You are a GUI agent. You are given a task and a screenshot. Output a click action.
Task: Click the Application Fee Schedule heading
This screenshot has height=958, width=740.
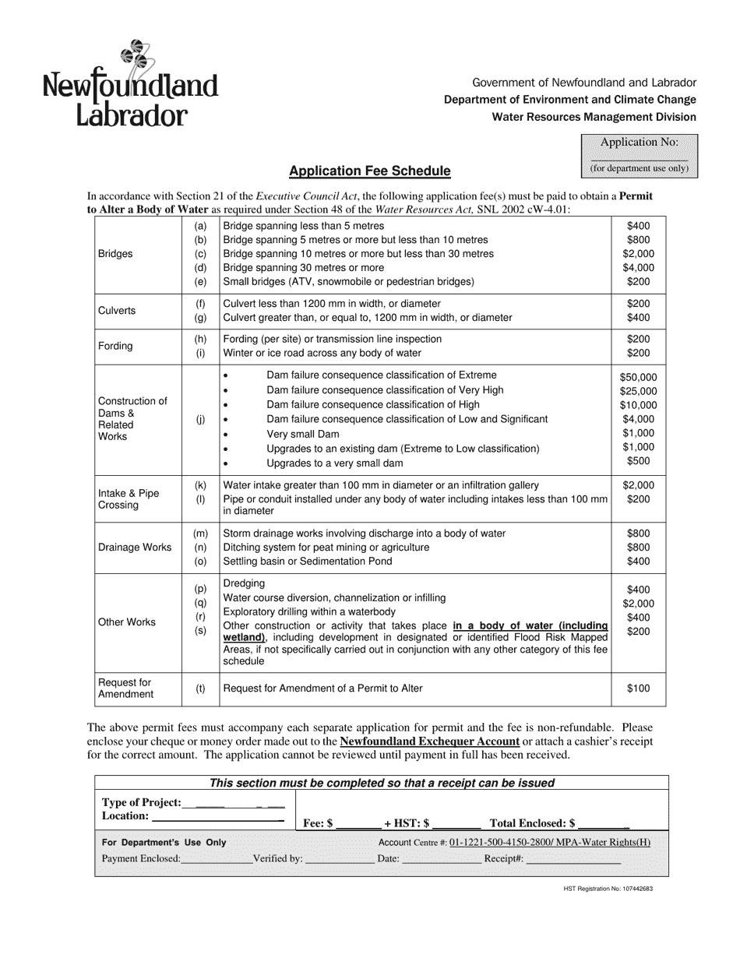click(369, 171)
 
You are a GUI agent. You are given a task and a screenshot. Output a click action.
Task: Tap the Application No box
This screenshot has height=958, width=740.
click(639, 155)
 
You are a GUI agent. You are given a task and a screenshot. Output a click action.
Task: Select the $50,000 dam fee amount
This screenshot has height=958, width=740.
click(638, 377)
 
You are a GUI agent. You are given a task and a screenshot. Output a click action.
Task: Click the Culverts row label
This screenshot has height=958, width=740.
click(117, 311)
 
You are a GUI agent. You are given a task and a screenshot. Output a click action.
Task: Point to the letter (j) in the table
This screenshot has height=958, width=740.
click(200, 419)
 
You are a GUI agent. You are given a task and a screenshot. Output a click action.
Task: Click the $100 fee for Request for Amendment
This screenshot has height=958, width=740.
click(638, 689)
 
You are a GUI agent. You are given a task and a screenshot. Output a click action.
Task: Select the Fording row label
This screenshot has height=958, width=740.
click(115, 346)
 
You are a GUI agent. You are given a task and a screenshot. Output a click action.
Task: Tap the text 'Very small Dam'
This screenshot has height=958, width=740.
click(302, 434)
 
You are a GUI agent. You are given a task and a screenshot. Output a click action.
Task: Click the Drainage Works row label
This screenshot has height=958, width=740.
click(135, 548)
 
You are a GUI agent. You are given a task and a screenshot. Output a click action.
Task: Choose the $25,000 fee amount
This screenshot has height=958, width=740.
click(638, 391)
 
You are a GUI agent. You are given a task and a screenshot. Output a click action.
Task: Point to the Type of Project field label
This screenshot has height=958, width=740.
click(141, 803)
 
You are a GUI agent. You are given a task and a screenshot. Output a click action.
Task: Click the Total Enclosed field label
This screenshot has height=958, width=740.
click(532, 822)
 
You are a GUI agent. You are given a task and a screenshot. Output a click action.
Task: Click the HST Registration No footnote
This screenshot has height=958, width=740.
click(608, 889)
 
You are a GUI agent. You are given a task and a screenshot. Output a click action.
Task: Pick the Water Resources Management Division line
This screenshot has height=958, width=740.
click(594, 117)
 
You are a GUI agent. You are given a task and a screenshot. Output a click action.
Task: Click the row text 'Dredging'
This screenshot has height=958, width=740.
click(244, 583)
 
